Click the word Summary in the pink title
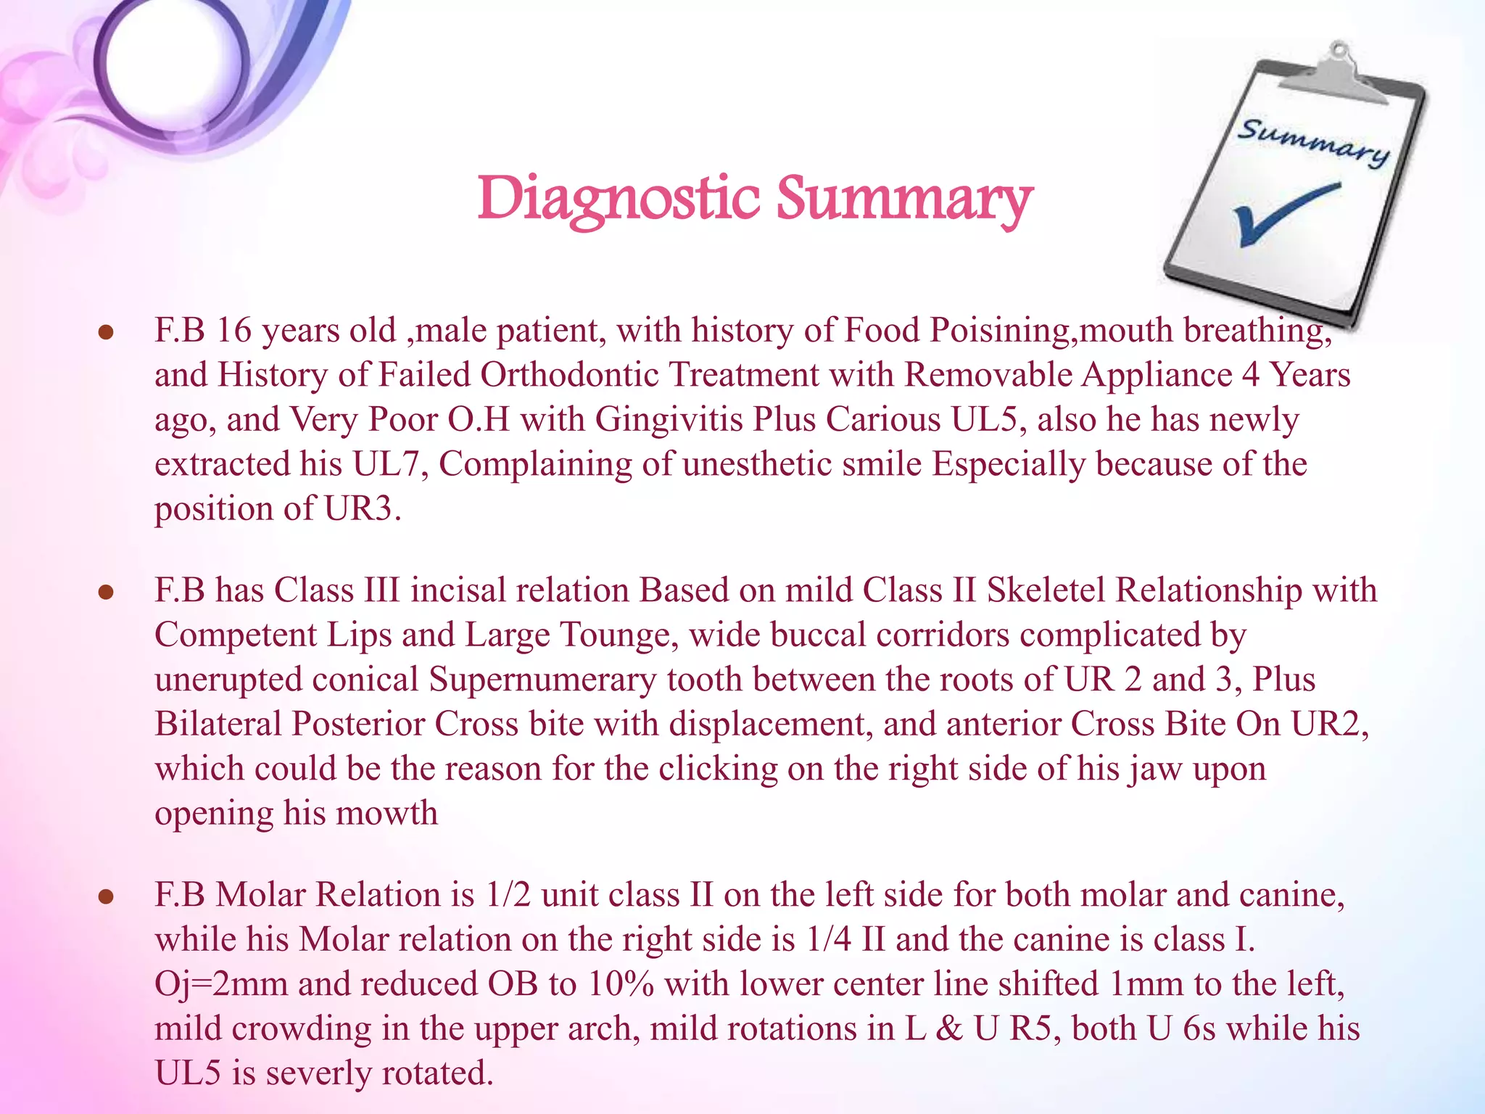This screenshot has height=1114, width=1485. tap(903, 199)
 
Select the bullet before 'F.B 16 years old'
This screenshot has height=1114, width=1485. tap(107, 333)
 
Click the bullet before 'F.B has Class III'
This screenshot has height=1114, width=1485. tap(107, 593)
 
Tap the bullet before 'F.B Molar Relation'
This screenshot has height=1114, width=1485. tap(107, 897)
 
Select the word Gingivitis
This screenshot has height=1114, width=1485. tap(674, 420)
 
